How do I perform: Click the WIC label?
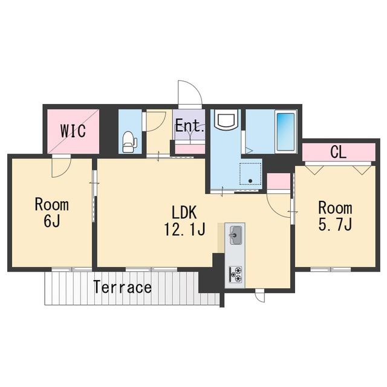coord(73,131)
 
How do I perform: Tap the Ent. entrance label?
coord(190,126)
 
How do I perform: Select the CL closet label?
coord(338,152)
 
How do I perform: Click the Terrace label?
coord(123,287)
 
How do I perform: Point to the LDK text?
coord(184,212)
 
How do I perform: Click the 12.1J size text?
coord(184,229)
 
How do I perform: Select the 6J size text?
coord(52,220)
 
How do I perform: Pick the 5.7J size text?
coord(335,224)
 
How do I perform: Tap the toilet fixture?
coord(130,142)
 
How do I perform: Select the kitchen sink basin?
coord(235,235)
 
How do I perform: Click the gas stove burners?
coord(235,274)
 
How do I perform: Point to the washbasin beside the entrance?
coord(226,120)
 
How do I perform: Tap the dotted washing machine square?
coord(250,174)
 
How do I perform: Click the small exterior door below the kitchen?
coord(259,297)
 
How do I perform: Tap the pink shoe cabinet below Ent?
coord(190,149)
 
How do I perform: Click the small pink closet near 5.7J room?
coord(278,181)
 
